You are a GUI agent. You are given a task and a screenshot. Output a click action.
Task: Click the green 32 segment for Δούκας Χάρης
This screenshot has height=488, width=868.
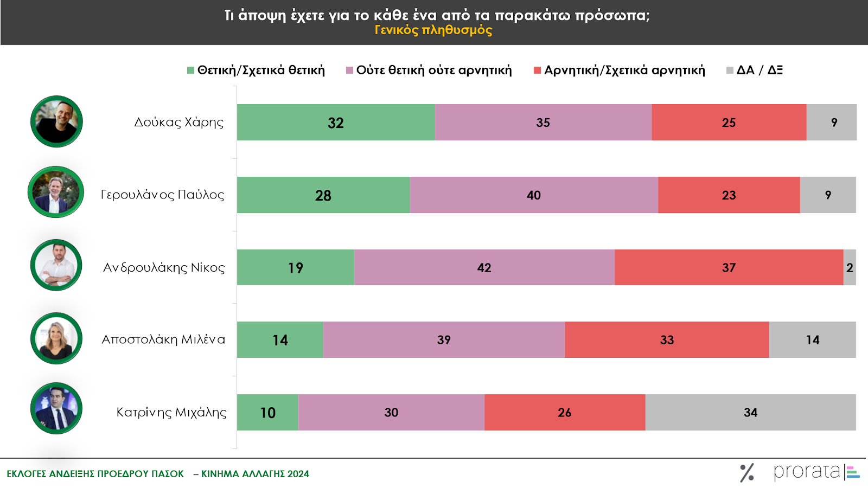coord(336,123)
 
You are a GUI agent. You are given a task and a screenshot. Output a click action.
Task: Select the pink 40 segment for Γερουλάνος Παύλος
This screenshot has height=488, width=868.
coord(534,195)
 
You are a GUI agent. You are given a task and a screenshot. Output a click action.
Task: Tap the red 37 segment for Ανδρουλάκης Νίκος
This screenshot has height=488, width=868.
coord(729,267)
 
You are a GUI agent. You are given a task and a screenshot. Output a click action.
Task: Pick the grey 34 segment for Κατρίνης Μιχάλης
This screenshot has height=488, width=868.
coord(750,413)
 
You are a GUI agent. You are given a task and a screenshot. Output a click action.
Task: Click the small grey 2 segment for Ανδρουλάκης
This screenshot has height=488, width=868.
coord(850,267)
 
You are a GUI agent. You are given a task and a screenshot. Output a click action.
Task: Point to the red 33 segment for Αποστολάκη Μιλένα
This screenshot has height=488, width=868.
coord(667,340)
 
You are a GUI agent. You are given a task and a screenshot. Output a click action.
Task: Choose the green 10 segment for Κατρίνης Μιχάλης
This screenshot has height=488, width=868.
coord(267,413)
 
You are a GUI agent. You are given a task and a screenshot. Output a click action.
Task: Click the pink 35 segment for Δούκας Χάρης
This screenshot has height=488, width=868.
coord(543,123)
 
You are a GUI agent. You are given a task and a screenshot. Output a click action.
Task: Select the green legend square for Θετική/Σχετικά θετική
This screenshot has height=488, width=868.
coord(190,70)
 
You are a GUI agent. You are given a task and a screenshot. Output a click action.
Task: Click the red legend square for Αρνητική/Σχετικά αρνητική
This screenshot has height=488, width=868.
coord(537,70)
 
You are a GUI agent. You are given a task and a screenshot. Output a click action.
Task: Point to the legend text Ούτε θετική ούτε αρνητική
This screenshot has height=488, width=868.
coord(433,70)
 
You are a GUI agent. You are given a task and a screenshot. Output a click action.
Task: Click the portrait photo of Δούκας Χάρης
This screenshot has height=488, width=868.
coord(56,122)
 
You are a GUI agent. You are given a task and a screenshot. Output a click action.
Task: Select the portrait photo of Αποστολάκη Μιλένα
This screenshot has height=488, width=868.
coord(56,338)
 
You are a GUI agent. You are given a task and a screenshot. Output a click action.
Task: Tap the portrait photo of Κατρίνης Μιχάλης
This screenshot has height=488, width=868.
coord(56,408)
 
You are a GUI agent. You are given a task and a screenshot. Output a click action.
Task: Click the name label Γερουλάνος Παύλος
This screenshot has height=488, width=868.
coord(162,195)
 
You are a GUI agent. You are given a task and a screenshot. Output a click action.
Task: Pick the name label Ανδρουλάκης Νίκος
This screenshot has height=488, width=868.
coord(164,267)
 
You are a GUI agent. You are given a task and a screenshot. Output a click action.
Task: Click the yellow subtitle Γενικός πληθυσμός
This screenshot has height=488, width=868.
coord(433,30)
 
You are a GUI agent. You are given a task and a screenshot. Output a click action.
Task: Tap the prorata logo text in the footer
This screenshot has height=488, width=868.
coord(807,472)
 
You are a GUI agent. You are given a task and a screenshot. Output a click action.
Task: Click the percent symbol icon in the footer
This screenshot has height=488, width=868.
coord(747,473)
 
